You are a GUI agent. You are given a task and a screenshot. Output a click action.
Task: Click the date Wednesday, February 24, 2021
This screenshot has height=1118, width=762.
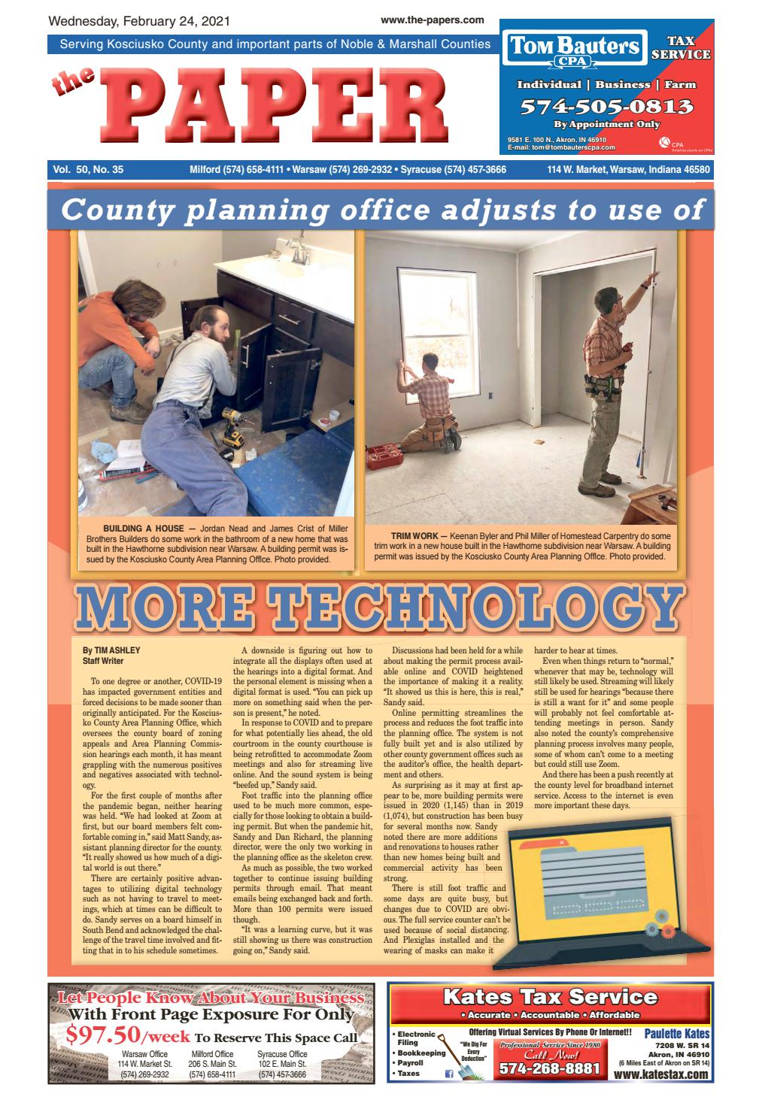139,21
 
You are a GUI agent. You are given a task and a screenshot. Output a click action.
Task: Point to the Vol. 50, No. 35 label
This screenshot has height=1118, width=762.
88,170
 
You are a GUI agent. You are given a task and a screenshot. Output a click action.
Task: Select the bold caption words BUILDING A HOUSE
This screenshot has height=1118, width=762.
143,529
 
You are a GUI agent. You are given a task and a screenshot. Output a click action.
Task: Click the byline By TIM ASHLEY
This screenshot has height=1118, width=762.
111,650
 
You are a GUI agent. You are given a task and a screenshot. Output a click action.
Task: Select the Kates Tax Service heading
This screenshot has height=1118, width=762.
550,998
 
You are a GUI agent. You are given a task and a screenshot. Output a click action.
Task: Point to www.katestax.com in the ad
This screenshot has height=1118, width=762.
660,1075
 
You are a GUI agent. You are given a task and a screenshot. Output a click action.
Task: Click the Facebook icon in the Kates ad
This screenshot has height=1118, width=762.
449,1075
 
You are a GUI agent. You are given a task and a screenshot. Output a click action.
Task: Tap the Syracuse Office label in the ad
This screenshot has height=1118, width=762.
282,1054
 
